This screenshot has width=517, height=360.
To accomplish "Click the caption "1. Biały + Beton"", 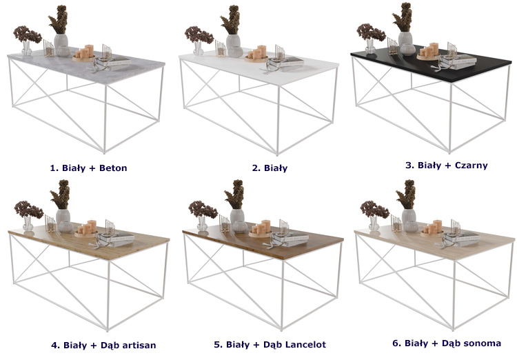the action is (88, 168).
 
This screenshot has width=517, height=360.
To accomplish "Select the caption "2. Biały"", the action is (270, 168).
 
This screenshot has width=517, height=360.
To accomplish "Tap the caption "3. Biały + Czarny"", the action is (447, 166).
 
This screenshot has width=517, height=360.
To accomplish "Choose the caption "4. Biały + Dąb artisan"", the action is (103, 346).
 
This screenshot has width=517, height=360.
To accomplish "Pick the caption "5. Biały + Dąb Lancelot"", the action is (270, 345).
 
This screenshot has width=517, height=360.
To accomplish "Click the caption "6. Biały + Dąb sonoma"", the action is (447, 343).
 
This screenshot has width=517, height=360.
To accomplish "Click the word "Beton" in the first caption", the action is (113, 168).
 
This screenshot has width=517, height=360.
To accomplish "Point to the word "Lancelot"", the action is (305, 345).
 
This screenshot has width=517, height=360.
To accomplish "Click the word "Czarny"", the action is (472, 166).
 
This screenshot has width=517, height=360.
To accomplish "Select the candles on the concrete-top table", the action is (84, 53).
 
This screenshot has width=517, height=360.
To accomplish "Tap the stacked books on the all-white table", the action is (285, 63).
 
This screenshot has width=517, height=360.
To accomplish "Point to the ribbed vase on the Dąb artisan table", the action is (63, 221).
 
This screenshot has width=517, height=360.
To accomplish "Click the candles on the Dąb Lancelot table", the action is (261, 228).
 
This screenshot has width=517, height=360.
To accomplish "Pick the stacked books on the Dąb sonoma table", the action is (462, 239).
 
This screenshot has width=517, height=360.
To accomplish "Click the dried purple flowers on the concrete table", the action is (27, 34).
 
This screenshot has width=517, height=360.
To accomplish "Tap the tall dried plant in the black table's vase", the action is (403, 17).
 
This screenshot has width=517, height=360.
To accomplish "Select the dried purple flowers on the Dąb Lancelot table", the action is (203, 210).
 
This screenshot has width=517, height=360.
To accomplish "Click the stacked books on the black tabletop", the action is (458, 62).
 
